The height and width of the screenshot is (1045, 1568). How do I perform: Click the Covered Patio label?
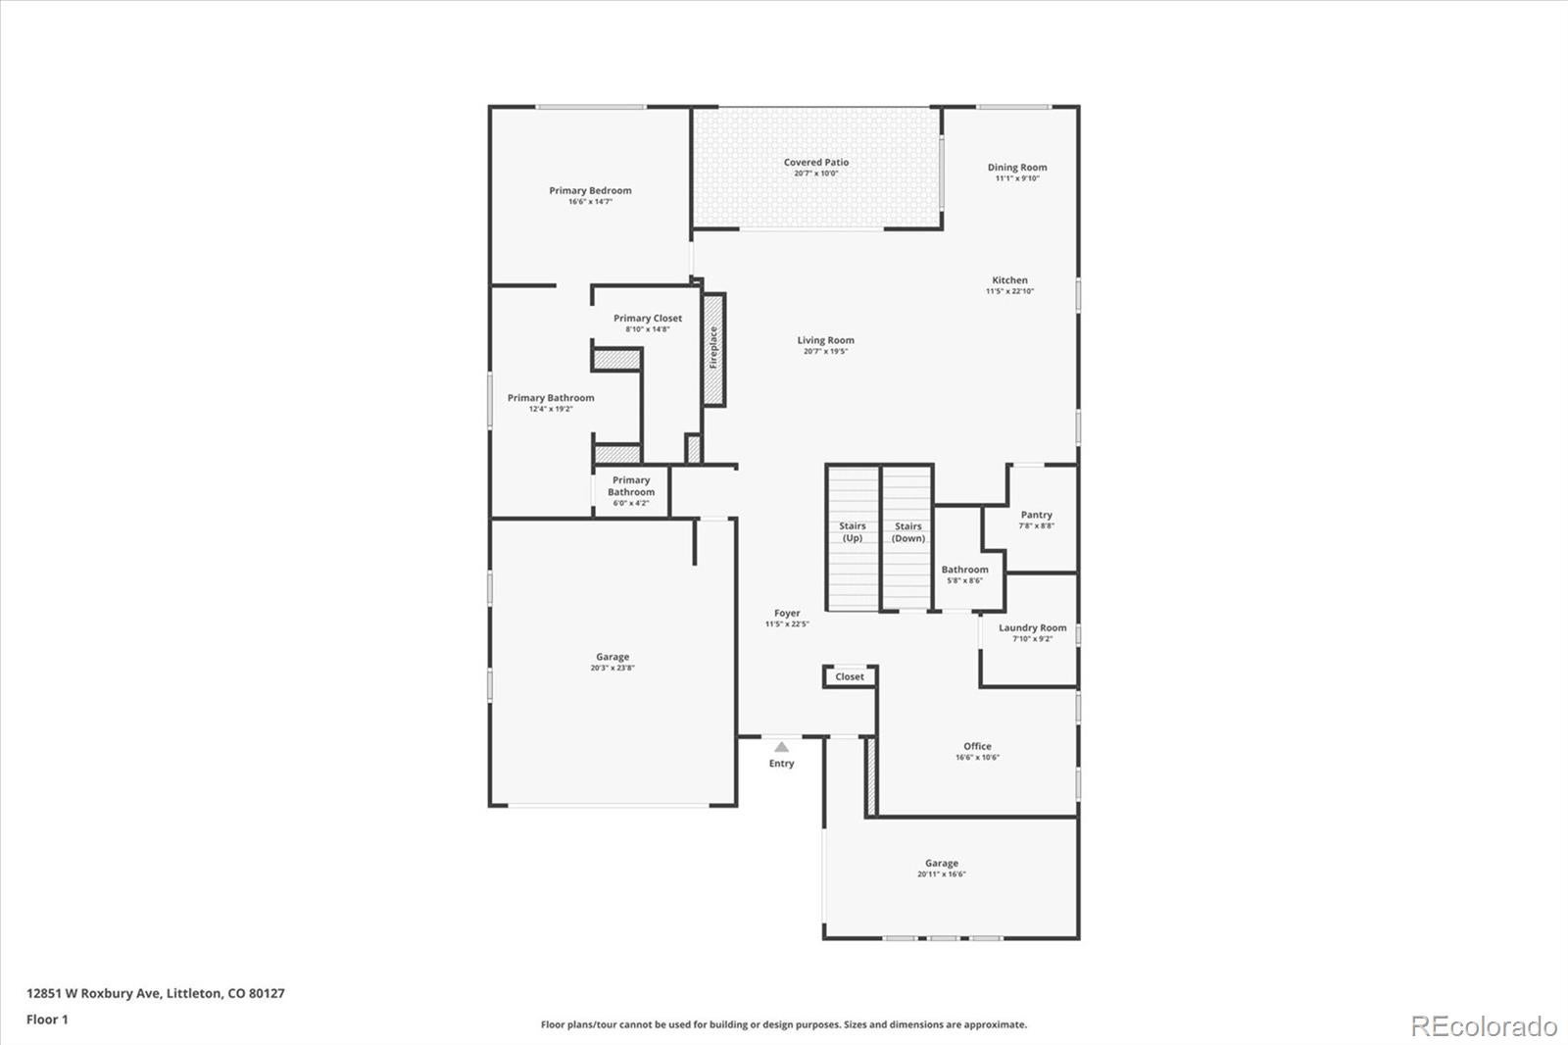pyautogui.click(x=816, y=163)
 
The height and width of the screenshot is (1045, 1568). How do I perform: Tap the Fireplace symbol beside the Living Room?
pyautogui.click(x=713, y=349)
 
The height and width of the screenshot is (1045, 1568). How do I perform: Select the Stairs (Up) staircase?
pyautogui.click(x=853, y=537)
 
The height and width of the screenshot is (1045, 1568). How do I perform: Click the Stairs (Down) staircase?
pyautogui.click(x=907, y=537)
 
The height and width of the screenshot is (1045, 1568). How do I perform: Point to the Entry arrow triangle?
pyautogui.click(x=781, y=747)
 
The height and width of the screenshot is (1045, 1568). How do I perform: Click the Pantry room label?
pyautogui.click(x=1036, y=515)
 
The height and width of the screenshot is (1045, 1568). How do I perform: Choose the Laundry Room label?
pyautogui.click(x=1032, y=628)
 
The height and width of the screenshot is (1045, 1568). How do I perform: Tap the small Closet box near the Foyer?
pyautogui.click(x=850, y=677)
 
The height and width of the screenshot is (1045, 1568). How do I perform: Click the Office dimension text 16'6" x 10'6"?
pyautogui.click(x=977, y=758)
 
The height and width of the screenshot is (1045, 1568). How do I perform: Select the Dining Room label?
pyautogui.click(x=1016, y=168)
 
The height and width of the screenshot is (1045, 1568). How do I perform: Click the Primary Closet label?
pyautogui.click(x=647, y=319)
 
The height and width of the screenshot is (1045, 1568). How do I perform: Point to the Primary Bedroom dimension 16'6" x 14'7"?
pyautogui.click(x=590, y=202)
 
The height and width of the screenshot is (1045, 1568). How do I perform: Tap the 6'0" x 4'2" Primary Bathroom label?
pyautogui.click(x=631, y=491)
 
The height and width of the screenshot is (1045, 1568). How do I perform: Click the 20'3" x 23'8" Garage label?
pyautogui.click(x=612, y=663)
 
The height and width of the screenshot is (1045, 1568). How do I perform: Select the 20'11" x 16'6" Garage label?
pyautogui.click(x=941, y=869)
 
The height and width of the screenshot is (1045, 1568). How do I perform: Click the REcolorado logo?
pyautogui.click(x=1483, y=1026)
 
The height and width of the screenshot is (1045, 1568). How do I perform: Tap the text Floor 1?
pyautogui.click(x=47, y=1020)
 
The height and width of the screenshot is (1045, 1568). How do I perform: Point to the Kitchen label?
pyautogui.click(x=1009, y=280)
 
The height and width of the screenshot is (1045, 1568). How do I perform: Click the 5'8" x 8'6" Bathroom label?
pyautogui.click(x=964, y=574)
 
